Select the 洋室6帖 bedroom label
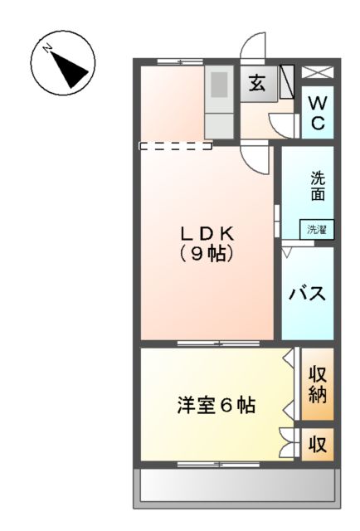216,406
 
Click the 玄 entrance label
258,84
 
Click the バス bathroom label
306,294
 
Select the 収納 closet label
317,382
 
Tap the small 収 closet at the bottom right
317,443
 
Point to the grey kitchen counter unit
219,101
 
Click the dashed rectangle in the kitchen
176,146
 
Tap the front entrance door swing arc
251,46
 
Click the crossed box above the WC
317,72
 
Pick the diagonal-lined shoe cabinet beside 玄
287,83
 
